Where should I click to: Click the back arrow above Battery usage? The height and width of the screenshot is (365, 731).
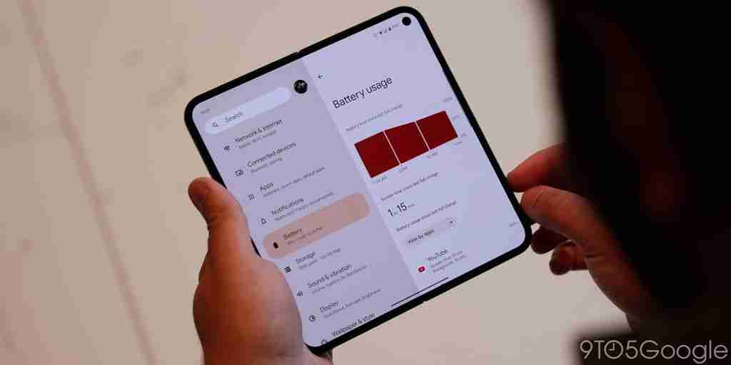click(320, 76)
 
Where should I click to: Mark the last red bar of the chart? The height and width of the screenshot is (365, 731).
click(436, 133)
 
